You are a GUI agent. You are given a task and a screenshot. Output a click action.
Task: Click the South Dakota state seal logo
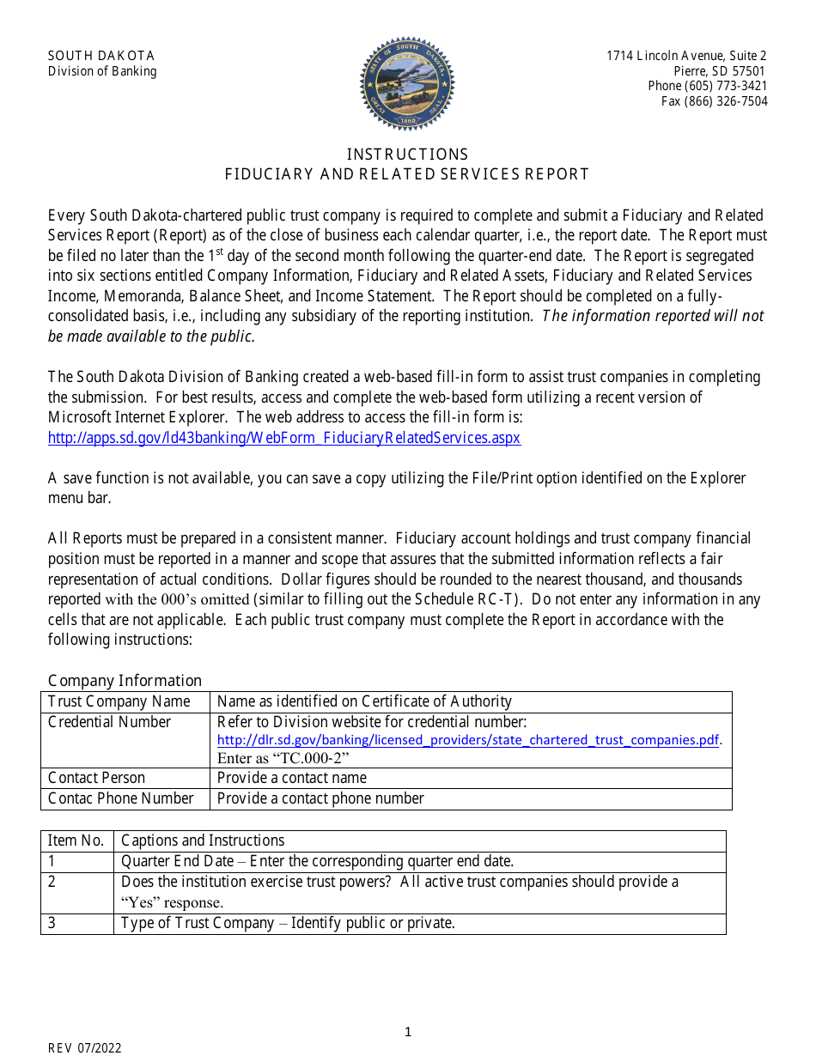[407, 83]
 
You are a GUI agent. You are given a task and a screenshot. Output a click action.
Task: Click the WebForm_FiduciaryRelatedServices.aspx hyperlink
[283, 438]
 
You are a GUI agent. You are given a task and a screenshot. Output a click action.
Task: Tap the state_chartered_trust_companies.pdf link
[469, 740]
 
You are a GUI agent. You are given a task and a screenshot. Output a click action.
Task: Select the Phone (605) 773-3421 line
[707, 86]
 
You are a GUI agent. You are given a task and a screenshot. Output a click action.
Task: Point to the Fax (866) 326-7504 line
[714, 101]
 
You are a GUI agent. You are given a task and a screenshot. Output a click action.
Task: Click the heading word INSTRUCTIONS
[407, 155]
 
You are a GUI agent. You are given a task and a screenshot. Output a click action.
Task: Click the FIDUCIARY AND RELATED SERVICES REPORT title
[407, 174]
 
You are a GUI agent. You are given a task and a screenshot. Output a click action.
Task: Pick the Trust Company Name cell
[119, 701]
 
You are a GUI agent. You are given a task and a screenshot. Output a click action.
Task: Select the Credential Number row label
[109, 722]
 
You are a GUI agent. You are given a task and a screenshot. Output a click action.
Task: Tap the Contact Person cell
[96, 778]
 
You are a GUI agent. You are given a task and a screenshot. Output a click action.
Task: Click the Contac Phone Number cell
[120, 798]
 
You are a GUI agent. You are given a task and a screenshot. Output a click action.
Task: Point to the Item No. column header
[76, 841]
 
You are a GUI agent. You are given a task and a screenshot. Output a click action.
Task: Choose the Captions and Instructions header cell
[203, 841]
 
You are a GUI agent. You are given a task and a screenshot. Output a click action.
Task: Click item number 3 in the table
[52, 923]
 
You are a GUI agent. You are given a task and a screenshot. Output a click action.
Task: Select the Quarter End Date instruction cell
[317, 861]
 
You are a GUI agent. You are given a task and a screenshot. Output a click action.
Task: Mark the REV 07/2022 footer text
[84, 1047]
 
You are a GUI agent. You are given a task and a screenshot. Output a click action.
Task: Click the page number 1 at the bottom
[408, 1032]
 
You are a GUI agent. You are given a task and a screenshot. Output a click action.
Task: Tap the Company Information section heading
[125, 681]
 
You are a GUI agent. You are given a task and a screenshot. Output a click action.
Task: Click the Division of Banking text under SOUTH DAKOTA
[102, 71]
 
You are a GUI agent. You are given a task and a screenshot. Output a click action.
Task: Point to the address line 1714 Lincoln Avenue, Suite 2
[686, 56]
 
